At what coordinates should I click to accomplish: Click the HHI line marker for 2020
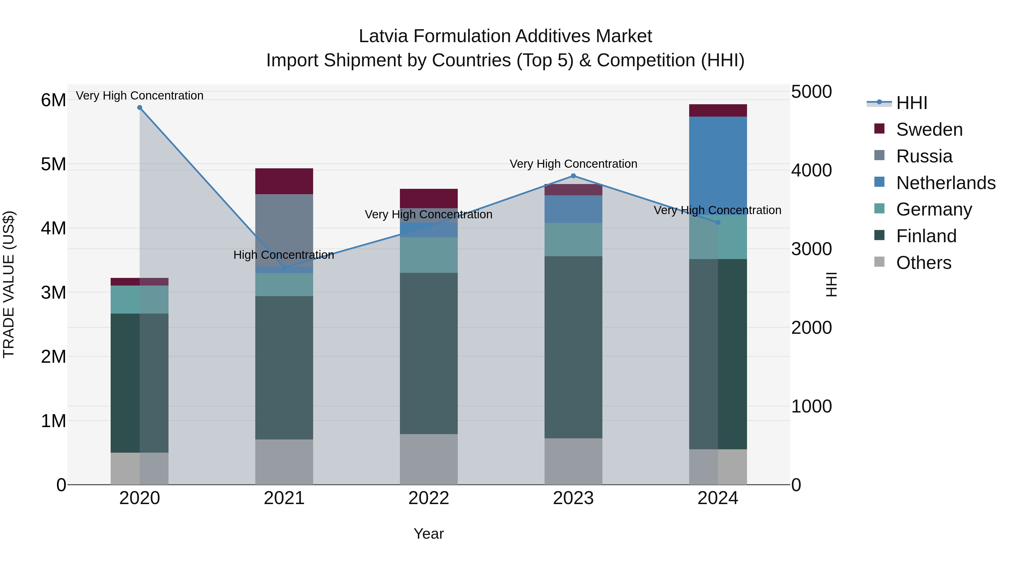tap(140, 108)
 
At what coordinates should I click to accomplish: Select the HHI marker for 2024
tap(718, 222)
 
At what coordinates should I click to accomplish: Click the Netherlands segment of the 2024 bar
tap(718, 165)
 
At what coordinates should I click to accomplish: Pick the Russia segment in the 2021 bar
tap(284, 230)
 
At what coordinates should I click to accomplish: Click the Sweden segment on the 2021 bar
tap(284, 181)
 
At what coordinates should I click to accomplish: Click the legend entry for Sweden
tap(929, 130)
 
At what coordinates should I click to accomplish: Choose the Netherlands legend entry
tap(946, 183)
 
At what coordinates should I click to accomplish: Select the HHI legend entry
tap(911, 103)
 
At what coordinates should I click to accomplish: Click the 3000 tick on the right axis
tap(811, 249)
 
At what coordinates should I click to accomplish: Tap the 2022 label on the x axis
tap(429, 498)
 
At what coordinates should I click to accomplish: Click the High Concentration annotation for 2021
tap(284, 255)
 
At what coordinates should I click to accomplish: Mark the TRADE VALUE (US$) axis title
tap(9, 284)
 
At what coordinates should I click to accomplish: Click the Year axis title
tap(429, 534)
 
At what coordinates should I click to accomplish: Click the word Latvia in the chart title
tap(383, 36)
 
